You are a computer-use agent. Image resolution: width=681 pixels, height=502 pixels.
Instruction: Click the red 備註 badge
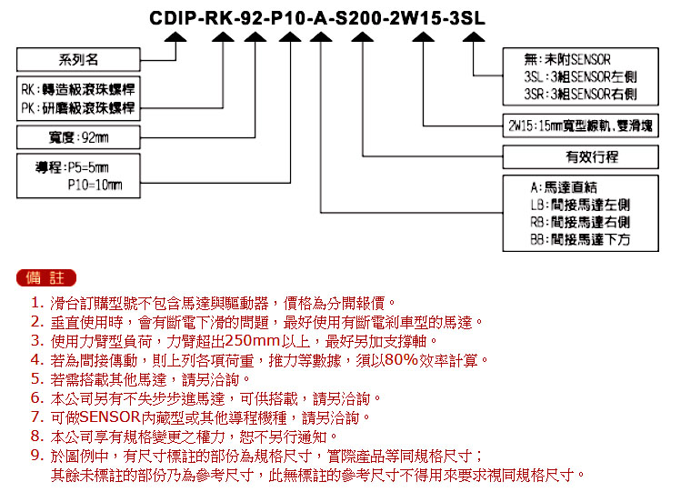[46, 278]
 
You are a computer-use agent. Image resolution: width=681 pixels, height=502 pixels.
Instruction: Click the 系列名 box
[78, 59]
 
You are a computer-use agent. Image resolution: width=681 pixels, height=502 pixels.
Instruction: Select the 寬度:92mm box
[78, 137]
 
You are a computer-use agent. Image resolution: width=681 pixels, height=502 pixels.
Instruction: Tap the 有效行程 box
[581, 156]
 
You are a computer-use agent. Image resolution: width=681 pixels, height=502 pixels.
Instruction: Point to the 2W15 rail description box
[581, 125]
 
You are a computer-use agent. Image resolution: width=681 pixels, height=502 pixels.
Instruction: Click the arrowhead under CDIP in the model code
[175, 37]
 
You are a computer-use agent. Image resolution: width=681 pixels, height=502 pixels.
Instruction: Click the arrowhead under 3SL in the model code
[474, 37]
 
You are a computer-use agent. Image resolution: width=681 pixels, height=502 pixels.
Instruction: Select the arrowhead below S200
[362, 37]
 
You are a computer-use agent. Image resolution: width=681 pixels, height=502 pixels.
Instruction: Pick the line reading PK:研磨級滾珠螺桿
[78, 107]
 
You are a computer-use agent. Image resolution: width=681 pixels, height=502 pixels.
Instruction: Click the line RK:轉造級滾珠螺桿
[78, 89]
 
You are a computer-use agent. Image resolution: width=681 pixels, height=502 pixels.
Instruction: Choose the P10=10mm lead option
[95, 186]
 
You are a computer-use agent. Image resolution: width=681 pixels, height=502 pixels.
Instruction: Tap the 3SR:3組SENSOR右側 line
[580, 95]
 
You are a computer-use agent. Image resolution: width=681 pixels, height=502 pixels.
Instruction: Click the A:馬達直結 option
[564, 187]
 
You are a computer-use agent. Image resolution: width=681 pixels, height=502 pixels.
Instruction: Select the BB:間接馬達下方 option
[580, 239]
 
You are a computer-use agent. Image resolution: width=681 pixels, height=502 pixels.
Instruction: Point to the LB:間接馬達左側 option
[580, 205]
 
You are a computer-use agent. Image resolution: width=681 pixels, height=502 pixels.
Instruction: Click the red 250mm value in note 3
[253, 341]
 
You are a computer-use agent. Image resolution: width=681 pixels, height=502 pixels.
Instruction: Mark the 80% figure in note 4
[401, 360]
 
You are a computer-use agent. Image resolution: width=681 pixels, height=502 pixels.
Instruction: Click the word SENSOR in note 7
[110, 417]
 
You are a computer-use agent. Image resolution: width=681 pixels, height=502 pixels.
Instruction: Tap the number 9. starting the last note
[38, 455]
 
